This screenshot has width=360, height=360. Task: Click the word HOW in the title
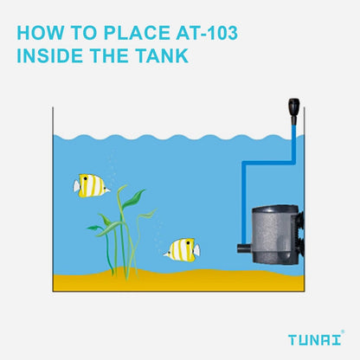coord(40,34)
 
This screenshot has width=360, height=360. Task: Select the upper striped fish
coord(91,184)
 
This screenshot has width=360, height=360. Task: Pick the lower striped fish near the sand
coord(182,250)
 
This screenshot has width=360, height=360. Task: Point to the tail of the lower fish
coord(196,250)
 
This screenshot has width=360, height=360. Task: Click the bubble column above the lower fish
coord(158,228)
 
